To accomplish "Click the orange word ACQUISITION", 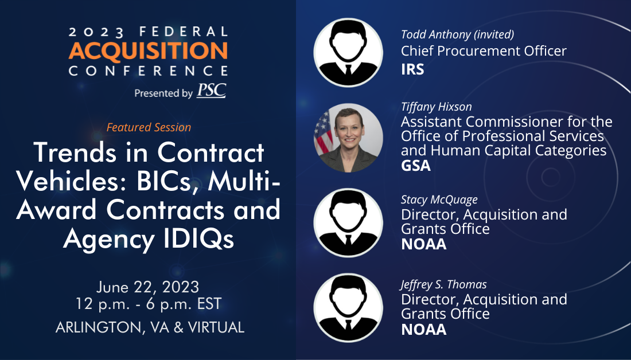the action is click(x=147, y=51).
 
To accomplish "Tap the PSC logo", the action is click(x=211, y=91).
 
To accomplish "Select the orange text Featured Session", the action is click(x=149, y=127).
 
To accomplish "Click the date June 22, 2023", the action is click(x=147, y=287).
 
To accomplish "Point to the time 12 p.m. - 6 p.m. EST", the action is click(x=149, y=304).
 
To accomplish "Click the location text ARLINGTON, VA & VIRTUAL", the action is click(x=150, y=327).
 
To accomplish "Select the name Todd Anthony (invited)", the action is click(x=458, y=34).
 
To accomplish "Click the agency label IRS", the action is click(x=412, y=69).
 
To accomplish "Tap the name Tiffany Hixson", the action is click(x=436, y=107).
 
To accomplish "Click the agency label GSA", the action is click(x=416, y=165).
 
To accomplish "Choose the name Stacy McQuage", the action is click(x=439, y=199).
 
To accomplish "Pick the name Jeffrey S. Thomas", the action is click(x=443, y=284).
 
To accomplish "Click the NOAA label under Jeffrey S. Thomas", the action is click(x=424, y=330).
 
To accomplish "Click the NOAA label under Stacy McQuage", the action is click(x=424, y=244).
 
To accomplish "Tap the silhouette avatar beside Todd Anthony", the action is click(x=348, y=52).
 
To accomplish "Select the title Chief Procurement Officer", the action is click(x=484, y=51).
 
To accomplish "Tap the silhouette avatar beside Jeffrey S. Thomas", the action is click(x=348, y=308).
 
